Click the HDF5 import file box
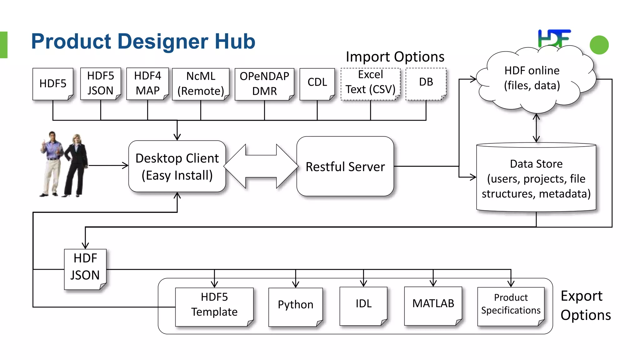[x=53, y=84]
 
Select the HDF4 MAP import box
[x=147, y=83]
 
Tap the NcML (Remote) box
[x=201, y=84]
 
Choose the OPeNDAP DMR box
[x=264, y=84]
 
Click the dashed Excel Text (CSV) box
[x=370, y=83]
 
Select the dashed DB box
[x=426, y=83]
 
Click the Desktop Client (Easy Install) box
[x=177, y=166]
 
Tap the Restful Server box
[x=345, y=166]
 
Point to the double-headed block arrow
[x=261, y=166]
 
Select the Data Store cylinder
[x=536, y=178]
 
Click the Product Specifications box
[x=511, y=305]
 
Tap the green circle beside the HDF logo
[x=599, y=45]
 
